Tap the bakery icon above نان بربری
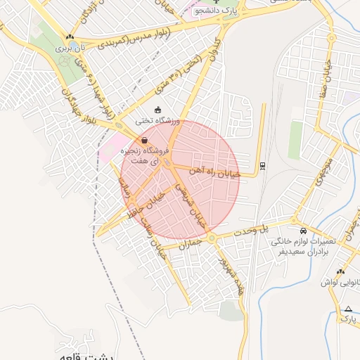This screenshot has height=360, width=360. [x=69, y=37]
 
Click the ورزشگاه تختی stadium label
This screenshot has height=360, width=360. [x=157, y=121]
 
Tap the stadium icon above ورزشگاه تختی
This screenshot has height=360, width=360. [x=157, y=110]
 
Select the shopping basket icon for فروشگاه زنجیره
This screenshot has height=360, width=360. [x=144, y=141]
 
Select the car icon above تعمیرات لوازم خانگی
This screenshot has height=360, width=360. [x=303, y=231]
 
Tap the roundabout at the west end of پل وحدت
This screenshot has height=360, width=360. [x=212, y=239]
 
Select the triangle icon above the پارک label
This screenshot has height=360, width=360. [x=348, y=308]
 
